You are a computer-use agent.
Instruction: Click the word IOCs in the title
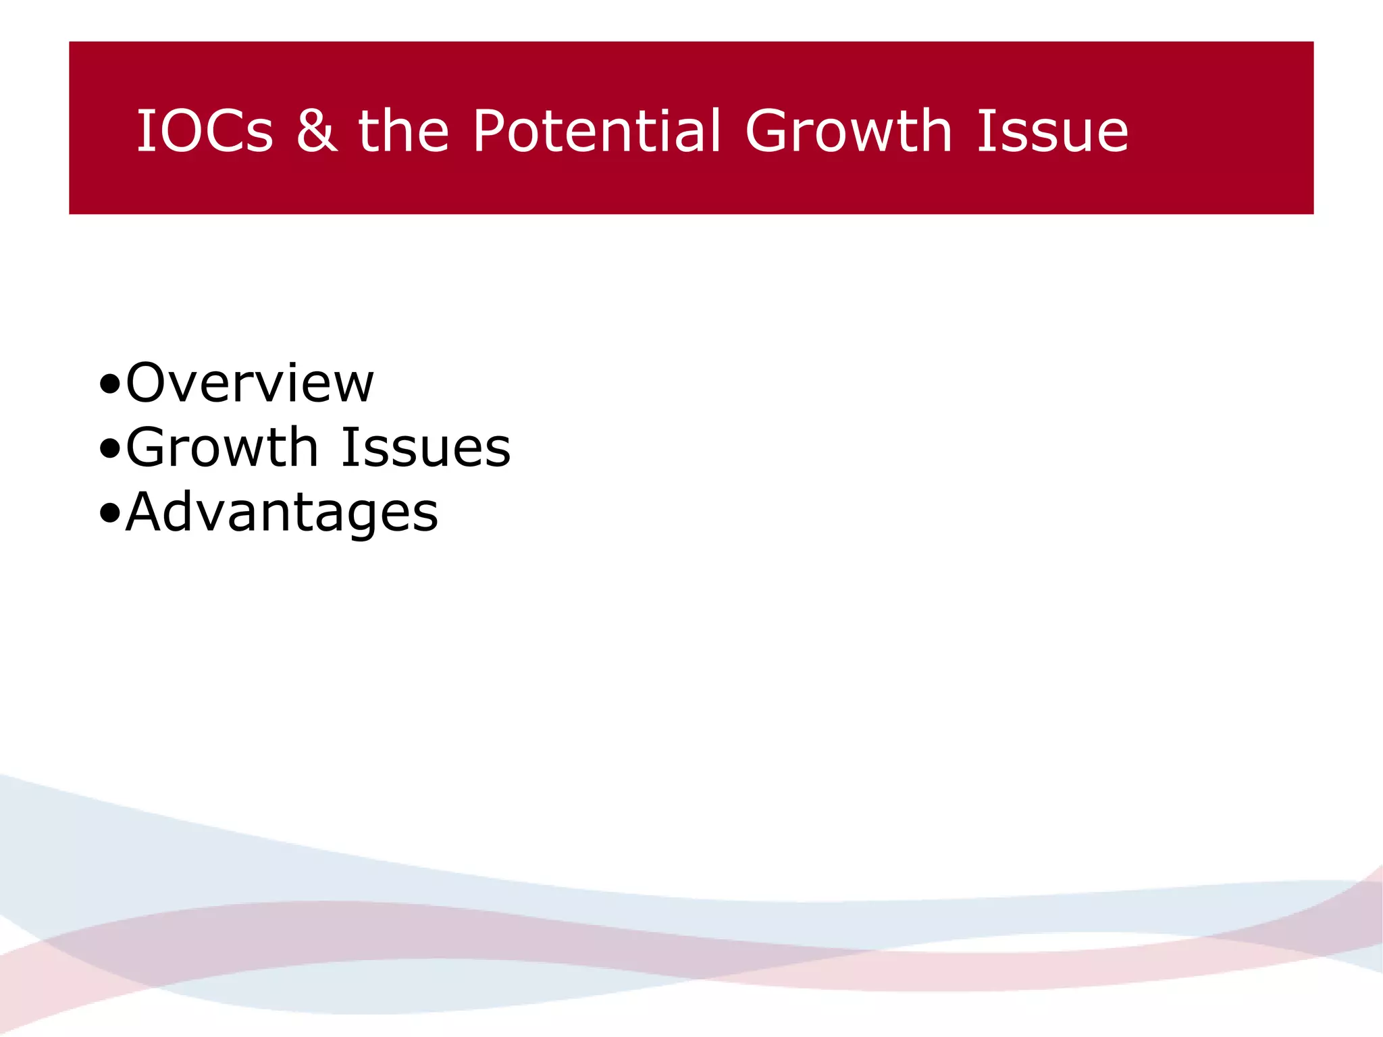click(205, 131)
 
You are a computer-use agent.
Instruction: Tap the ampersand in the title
click(316, 131)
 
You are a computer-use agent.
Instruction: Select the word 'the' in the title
click(403, 131)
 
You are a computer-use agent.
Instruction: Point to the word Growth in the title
click(848, 131)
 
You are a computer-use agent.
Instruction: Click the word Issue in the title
click(1053, 131)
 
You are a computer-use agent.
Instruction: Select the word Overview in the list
click(250, 383)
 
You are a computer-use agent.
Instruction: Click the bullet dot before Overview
click(109, 385)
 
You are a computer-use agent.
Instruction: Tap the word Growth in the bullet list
click(222, 448)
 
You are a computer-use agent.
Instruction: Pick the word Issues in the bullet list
click(426, 448)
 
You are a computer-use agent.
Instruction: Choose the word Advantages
click(282, 512)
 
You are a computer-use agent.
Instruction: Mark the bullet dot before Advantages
click(109, 514)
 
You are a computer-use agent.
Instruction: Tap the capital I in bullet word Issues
click(348, 448)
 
